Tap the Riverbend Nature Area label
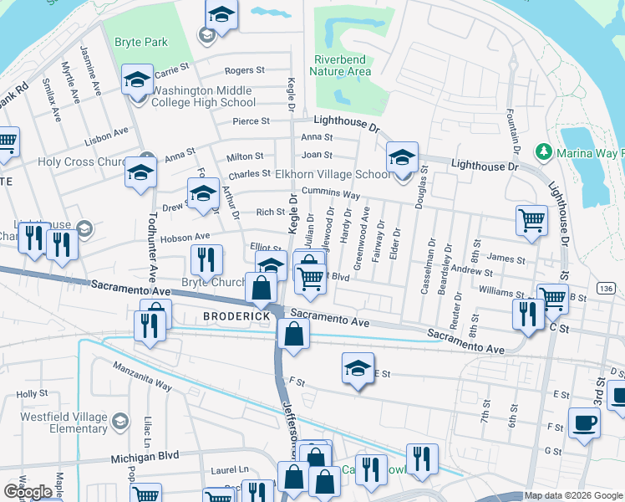point(343,65)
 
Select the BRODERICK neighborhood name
point(237,316)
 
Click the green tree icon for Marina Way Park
point(544,151)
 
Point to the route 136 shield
point(607,288)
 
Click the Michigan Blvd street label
point(146,458)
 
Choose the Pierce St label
point(252,120)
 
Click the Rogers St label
point(244,71)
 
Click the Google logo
point(28,492)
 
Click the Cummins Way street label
point(332,194)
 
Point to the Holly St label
point(32,393)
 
